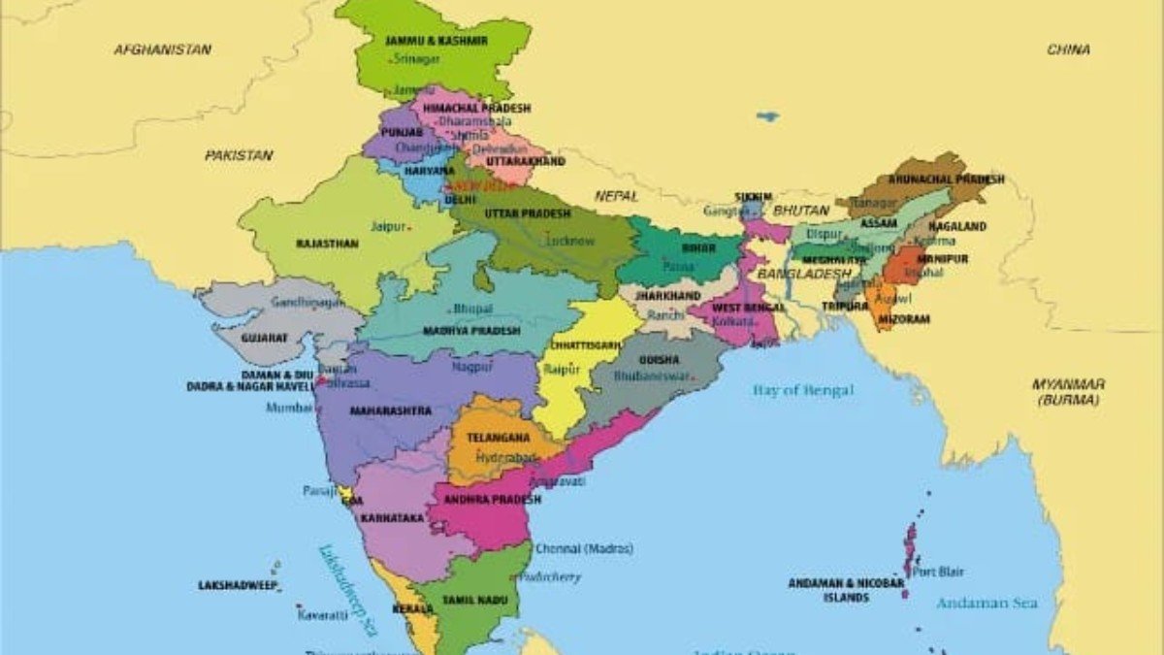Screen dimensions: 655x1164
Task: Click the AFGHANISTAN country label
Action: (163, 49)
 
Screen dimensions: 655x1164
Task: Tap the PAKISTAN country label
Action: (239, 154)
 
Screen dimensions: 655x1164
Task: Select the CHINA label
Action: (1068, 49)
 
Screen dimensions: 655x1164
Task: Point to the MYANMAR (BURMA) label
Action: (1068, 391)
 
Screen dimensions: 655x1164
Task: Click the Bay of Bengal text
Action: (803, 390)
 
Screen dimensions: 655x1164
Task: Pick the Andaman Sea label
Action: (986, 603)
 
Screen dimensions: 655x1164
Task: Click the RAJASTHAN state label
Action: (327, 244)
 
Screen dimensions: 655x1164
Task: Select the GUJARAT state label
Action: (265, 337)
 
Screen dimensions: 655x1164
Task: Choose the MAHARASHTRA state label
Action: (391, 410)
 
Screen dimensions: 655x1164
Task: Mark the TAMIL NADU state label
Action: (475, 601)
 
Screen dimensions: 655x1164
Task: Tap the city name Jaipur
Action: (388, 226)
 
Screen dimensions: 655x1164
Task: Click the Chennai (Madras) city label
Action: (584, 548)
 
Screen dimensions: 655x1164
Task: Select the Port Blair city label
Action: (938, 572)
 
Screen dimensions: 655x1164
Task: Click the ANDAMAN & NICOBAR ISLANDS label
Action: (846, 590)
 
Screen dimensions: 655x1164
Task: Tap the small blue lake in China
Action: (767, 116)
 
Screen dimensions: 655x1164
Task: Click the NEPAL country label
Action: (617, 195)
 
